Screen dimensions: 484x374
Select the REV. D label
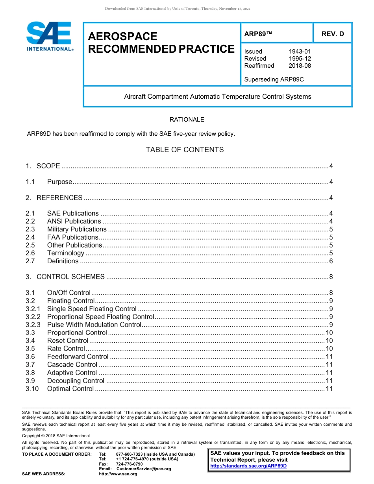pos(332,34)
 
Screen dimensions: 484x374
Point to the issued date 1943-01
pos(300,52)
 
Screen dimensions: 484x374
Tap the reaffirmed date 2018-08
pos(300,66)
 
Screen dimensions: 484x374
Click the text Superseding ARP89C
pos(274,79)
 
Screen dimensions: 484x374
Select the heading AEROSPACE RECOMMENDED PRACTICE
pos(161,43)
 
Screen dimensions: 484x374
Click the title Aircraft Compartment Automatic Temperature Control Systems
pos(218,96)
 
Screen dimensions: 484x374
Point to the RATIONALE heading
pos(187,120)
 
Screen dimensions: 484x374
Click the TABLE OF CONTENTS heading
pos(185,150)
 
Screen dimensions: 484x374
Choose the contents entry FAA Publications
pos(72,237)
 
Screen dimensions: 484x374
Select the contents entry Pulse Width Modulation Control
pos(94,325)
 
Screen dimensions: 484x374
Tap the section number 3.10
pos(32,389)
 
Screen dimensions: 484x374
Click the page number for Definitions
pos(331,261)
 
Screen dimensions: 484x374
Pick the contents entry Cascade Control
pos(72,365)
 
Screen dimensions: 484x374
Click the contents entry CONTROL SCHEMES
pos(70,277)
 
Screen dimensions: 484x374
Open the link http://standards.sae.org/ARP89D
pos(248,466)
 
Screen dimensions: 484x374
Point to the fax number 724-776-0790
pos(129,464)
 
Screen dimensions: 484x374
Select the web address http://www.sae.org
pos(118,474)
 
